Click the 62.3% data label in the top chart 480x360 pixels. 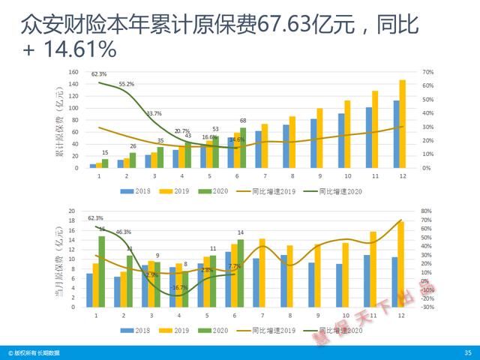point(99,74)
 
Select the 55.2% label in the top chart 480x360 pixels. point(127,84)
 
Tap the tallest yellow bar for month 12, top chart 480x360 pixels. point(402,124)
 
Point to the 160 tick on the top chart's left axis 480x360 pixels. point(73,72)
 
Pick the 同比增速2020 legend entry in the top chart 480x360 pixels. point(340,191)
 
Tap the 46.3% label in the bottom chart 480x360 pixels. point(123,232)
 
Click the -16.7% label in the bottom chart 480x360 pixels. point(179,287)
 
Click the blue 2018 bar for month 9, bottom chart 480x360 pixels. point(311,285)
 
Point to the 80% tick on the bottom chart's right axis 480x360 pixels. point(426,211)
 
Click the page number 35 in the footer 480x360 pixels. point(468,352)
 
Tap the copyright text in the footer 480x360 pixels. point(34,352)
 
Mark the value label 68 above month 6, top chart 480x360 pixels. point(242,121)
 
